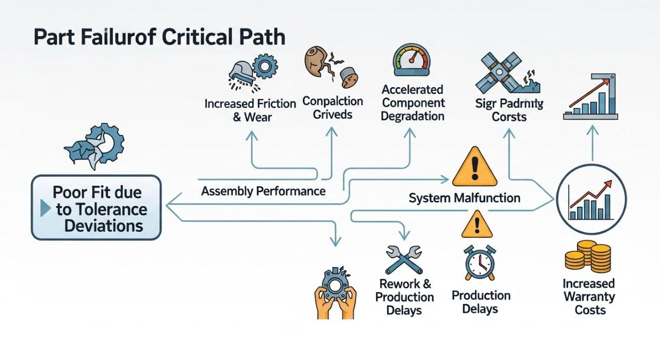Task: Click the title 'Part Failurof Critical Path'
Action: tap(159, 39)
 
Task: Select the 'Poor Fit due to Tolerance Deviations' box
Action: tap(96, 208)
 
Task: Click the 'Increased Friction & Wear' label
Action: tap(250, 110)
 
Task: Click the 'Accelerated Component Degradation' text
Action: tap(412, 103)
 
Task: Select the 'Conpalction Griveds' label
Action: tap(333, 107)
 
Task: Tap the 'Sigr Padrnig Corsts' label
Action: tap(509, 110)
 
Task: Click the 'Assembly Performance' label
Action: tap(263, 191)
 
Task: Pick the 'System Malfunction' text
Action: tap(464, 198)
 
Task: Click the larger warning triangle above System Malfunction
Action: tap(474, 167)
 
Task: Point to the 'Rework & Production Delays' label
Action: tap(404, 297)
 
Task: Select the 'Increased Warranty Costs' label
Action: tap(588, 297)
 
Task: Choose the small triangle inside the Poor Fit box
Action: tap(44, 209)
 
